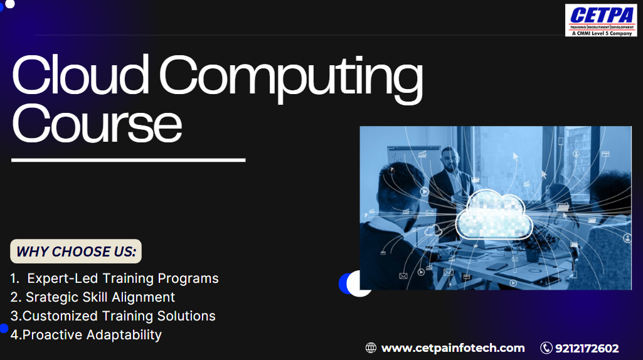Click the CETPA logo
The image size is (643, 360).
coord(601,20)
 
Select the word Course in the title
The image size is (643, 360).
coord(97,123)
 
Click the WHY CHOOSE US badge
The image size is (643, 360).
coord(76,251)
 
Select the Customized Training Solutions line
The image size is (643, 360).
coord(113,316)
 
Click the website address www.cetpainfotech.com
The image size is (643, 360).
coord(453,348)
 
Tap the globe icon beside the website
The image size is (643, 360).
coord(371,348)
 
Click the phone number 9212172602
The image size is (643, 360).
coord(587,349)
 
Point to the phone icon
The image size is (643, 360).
coord(546,348)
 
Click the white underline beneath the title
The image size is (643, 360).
coord(129,160)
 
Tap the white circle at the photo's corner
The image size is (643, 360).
coord(359,283)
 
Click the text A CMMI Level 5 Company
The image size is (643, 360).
coord(602,33)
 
